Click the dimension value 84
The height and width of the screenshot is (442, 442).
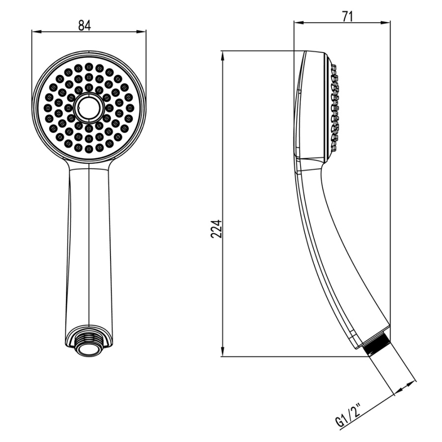tap(84, 26)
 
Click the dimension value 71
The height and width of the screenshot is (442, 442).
tap(348, 17)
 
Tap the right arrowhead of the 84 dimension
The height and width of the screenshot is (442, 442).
tap(141, 31)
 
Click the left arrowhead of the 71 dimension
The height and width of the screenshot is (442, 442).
tap(299, 23)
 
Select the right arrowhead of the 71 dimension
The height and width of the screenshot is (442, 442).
tap(386, 23)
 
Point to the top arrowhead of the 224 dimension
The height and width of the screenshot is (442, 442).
tap(222, 56)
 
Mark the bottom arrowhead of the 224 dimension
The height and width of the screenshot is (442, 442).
tap(222, 352)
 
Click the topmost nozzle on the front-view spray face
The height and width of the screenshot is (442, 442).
tap(89, 66)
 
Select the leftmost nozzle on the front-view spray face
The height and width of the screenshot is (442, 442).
tap(48, 108)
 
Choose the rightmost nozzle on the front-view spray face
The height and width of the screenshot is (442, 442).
tap(130, 108)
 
